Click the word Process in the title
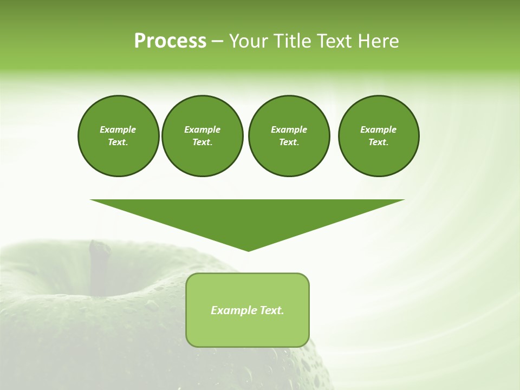170,41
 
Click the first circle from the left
118,135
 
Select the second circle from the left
202,135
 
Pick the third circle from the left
289,135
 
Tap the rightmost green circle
379,135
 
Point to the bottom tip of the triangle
248,250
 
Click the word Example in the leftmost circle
118,129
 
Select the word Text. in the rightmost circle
379,142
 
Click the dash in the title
217,41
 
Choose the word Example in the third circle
289,129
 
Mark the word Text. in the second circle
202,142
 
